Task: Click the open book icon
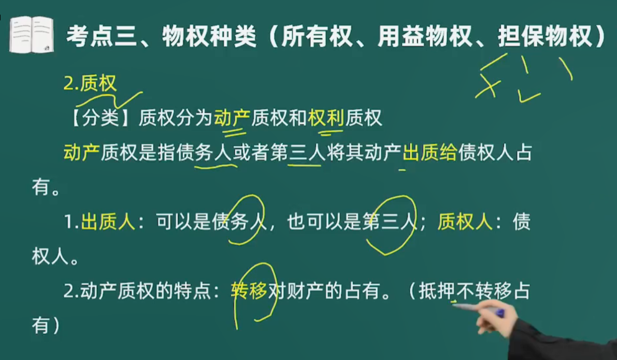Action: point(31,34)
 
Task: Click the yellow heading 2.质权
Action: point(90,83)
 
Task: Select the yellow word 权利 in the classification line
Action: point(326,118)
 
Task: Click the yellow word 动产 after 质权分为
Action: point(232,118)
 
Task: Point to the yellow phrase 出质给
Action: point(430,152)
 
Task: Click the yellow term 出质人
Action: point(108,221)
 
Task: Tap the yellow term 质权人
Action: point(465,221)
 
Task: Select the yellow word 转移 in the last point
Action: point(249,291)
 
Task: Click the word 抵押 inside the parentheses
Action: point(437,291)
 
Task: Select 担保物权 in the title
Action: point(545,36)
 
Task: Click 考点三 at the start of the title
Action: point(101,36)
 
